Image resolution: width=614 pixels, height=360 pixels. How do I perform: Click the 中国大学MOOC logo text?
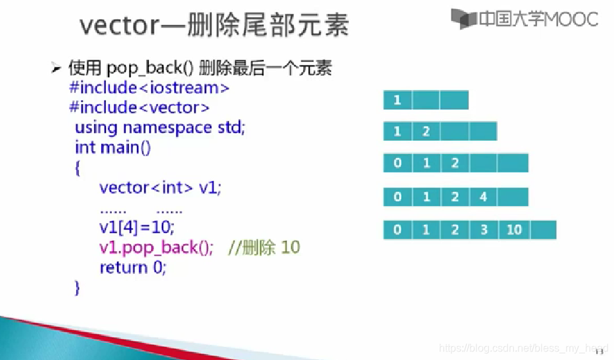pos(538,19)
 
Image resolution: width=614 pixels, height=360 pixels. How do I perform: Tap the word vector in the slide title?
pos(119,25)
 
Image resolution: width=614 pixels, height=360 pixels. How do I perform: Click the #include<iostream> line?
pos(149,88)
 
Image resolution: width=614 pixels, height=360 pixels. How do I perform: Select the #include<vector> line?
pos(139,107)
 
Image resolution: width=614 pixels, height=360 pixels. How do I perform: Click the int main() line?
pos(113,147)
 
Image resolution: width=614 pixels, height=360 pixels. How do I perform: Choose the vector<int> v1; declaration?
pos(160,188)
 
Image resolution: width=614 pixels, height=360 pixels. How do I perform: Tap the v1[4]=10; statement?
pos(137,227)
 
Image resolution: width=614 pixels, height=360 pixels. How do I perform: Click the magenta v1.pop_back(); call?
pos(156,247)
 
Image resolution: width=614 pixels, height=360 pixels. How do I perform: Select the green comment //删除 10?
pos(264,247)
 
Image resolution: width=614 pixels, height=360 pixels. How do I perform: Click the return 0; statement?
pos(133,268)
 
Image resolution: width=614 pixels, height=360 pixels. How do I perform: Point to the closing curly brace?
pos(77,288)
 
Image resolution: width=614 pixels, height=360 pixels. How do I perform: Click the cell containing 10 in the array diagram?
pos(514,230)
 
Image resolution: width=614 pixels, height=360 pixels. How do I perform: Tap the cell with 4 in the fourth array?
pos(483,197)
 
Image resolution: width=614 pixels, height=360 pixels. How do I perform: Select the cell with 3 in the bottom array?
pos(484,230)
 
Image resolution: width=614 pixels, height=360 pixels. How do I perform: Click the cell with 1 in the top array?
pos(397,100)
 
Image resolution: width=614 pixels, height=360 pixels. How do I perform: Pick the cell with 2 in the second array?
pos(426,131)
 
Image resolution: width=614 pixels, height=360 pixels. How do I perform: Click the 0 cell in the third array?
pos(397,163)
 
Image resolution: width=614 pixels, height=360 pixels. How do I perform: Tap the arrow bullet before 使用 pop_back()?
pos(56,68)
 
